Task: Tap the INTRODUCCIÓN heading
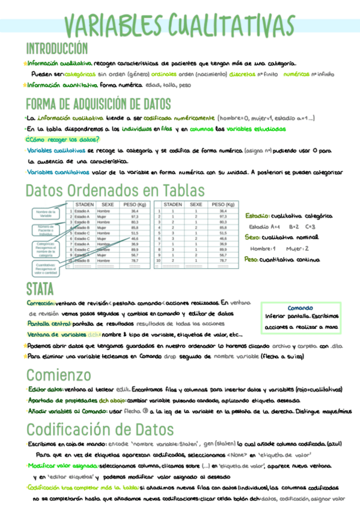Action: (x=56, y=49)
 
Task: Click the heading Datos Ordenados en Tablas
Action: (x=115, y=190)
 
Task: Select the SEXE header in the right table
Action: (x=196, y=204)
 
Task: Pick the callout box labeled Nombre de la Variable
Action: (x=46, y=214)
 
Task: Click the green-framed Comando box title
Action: (x=301, y=307)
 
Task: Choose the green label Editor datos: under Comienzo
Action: (x=45, y=390)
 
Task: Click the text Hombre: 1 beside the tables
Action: (x=263, y=248)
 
